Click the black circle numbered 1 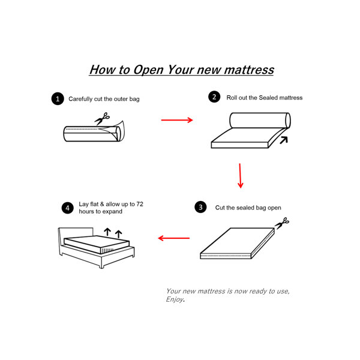58,99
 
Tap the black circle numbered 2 214,97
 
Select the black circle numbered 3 200,207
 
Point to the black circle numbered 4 67,208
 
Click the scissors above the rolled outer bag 102,118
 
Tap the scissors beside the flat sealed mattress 282,223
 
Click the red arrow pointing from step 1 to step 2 177,120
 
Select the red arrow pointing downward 240,176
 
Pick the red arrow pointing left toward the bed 174,238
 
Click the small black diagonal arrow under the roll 284,140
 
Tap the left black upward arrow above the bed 107,232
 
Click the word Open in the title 148,70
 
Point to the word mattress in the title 249,70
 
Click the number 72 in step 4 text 140,204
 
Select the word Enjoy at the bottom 175,299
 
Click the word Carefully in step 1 80,99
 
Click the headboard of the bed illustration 76,232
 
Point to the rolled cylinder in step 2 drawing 260,121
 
